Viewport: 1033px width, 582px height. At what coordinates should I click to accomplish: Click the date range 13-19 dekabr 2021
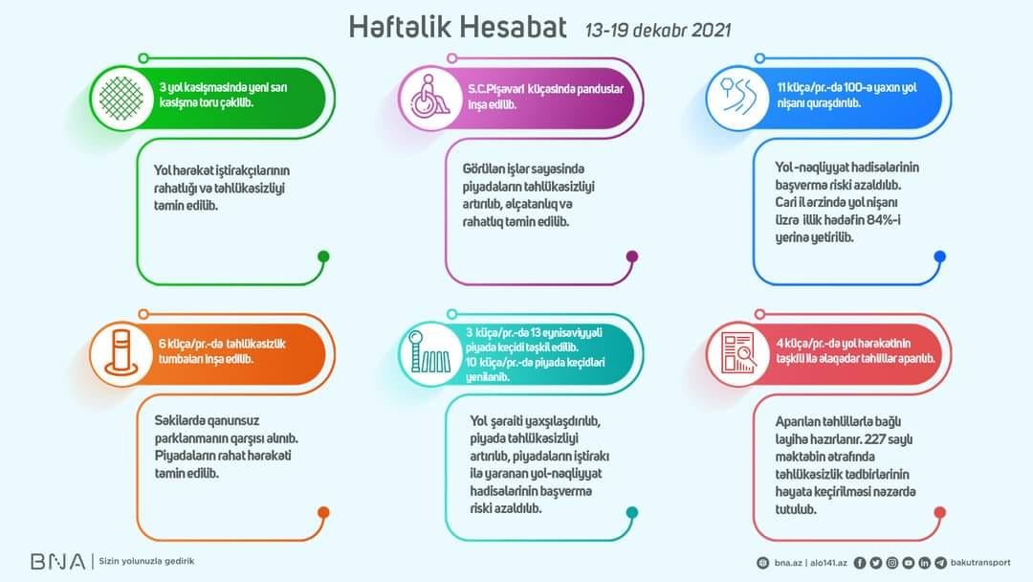(x=657, y=31)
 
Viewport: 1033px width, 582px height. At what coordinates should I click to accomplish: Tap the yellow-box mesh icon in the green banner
(x=121, y=99)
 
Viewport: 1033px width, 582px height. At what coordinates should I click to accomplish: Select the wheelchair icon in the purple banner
(x=430, y=99)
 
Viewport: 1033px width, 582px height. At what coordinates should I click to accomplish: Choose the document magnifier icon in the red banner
(x=737, y=353)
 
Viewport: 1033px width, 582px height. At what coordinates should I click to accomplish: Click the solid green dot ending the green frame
(x=323, y=257)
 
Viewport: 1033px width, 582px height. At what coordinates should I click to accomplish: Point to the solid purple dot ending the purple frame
(x=632, y=257)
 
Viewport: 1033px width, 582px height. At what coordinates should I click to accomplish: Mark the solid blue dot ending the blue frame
(x=940, y=257)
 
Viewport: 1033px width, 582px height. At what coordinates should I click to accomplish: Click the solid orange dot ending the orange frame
(x=323, y=512)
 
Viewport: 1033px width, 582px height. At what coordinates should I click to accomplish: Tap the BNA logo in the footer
(x=58, y=562)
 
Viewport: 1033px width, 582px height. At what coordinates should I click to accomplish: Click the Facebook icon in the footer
(x=860, y=563)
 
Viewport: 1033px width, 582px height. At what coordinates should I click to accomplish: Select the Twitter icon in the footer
(x=875, y=563)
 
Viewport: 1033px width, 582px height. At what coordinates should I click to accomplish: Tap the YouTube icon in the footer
(x=909, y=563)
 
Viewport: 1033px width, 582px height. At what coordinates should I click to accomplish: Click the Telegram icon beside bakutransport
(x=941, y=563)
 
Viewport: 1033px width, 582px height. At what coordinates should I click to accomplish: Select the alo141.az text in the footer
(x=828, y=563)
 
